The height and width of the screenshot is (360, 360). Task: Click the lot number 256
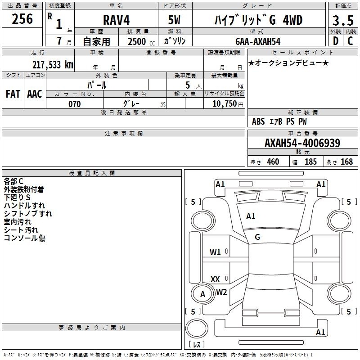(x=22, y=19)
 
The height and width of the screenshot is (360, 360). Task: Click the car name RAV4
(x=117, y=20)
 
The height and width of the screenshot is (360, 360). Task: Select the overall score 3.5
(x=343, y=21)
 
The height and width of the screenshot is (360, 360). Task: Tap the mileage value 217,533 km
(x=53, y=65)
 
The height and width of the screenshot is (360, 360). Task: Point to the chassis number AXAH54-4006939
(x=302, y=143)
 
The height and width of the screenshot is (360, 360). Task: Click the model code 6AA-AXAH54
(x=258, y=41)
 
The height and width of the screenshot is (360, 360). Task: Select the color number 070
(x=75, y=104)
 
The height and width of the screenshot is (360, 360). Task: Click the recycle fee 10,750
(x=225, y=104)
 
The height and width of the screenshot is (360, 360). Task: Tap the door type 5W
(x=174, y=20)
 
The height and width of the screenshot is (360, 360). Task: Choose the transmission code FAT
(x=13, y=94)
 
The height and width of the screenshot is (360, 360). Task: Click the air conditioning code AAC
(x=35, y=94)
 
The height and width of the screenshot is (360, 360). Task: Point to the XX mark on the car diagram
(x=215, y=279)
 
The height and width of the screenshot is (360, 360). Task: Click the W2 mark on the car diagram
(x=221, y=292)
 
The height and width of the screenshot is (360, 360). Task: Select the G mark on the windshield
(x=257, y=237)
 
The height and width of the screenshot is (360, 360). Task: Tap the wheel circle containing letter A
(x=202, y=294)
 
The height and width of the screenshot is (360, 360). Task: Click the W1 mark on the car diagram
(x=215, y=252)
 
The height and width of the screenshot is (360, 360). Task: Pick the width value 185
(x=310, y=162)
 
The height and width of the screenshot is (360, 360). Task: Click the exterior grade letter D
(x=336, y=41)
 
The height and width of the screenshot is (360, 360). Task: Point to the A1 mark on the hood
(x=251, y=216)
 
